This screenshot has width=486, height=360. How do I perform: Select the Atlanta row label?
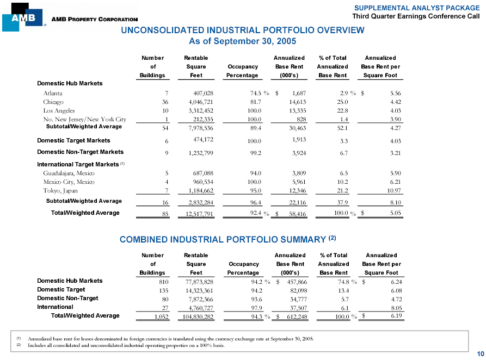53,94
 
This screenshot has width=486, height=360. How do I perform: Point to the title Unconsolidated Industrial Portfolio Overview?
242,30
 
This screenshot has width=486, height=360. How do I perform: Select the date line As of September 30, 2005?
242,41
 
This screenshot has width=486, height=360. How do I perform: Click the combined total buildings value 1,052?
162,316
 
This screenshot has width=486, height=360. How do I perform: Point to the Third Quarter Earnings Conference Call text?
416,16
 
